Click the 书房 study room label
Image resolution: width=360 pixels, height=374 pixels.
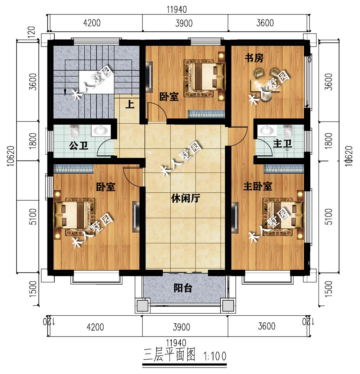pyautogui.click(x=254, y=58)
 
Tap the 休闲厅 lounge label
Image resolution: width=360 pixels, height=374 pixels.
pyautogui.click(x=185, y=198)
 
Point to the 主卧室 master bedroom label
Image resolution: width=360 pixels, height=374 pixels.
pyautogui.click(x=258, y=186)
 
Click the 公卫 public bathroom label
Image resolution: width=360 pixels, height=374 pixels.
pyautogui.click(x=78, y=145)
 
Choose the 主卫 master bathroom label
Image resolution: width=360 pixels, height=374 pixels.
pyautogui.click(x=282, y=143)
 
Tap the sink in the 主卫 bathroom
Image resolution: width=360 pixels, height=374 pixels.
pyautogui.click(x=265, y=130)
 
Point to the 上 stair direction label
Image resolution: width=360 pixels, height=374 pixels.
pyautogui.click(x=130, y=104)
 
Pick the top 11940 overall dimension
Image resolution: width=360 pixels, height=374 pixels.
pyautogui.click(x=177, y=10)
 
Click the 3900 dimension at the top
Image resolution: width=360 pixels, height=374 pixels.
pyautogui.click(x=184, y=23)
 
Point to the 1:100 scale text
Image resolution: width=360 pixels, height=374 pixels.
pyautogui.click(x=215, y=356)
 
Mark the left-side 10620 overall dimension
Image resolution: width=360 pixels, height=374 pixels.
pyautogui.click(x=11, y=156)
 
